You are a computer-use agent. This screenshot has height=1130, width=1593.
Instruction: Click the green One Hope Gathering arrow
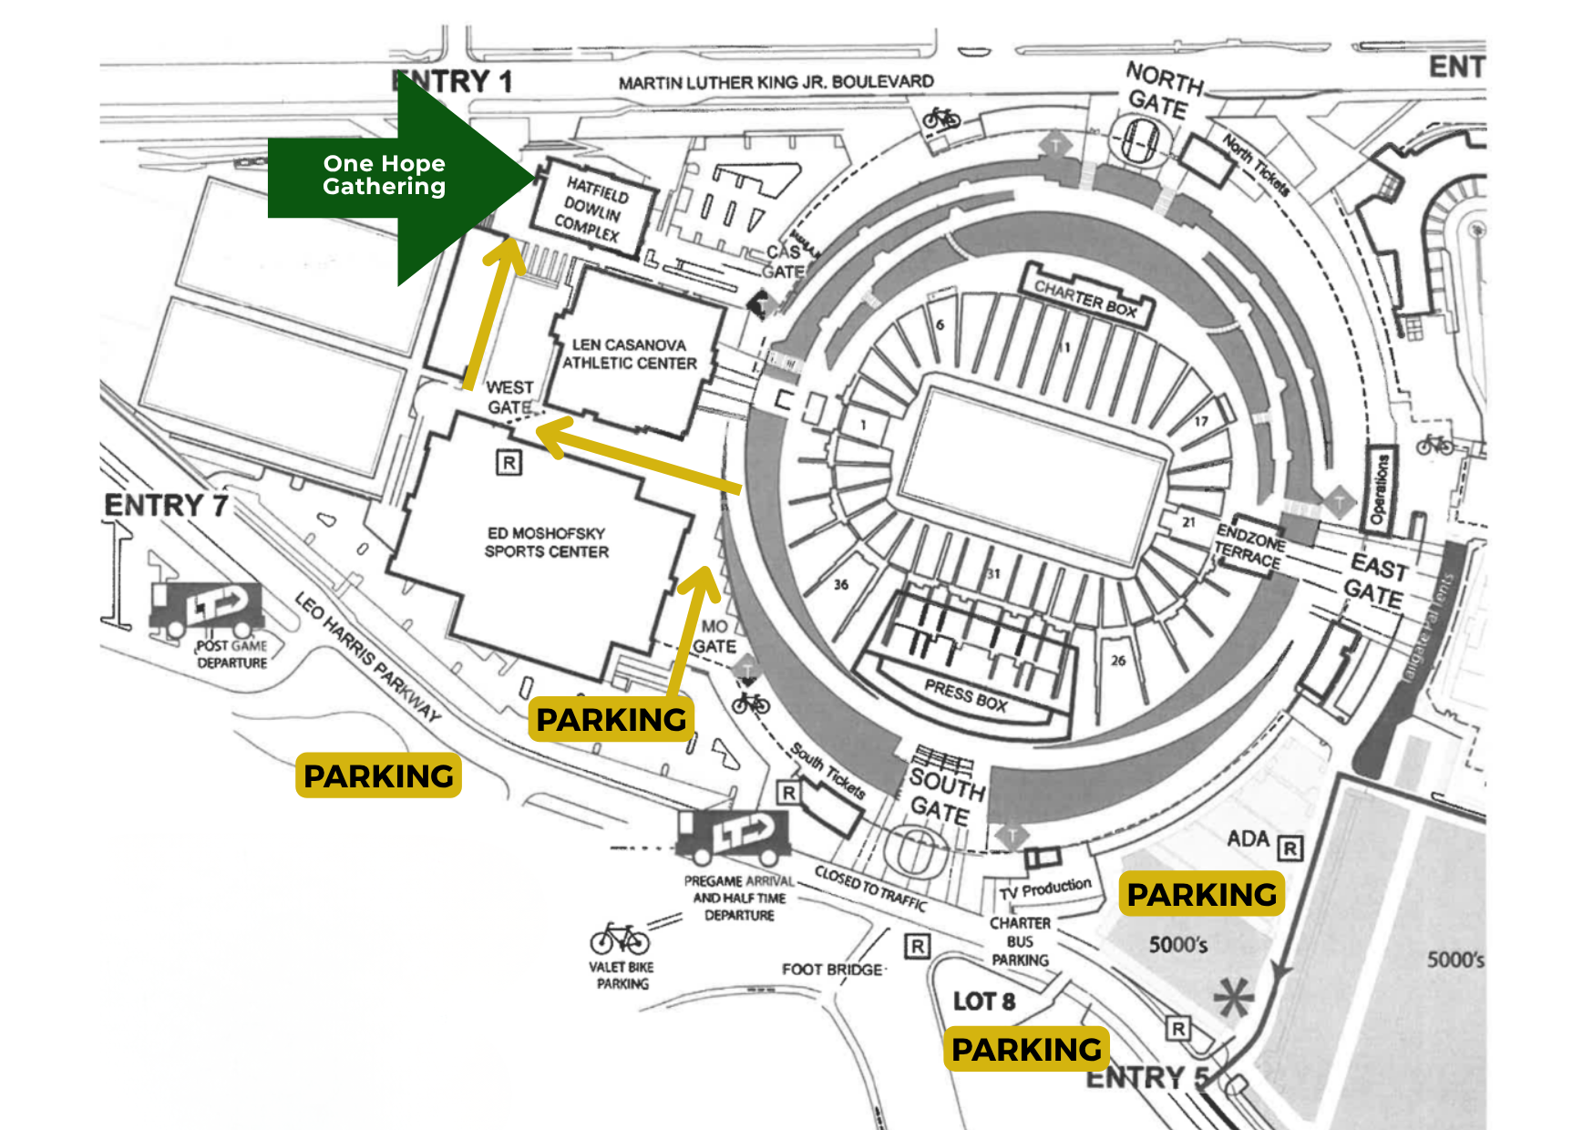tap(392, 176)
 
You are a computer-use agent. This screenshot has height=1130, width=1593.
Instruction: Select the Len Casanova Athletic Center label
tap(629, 354)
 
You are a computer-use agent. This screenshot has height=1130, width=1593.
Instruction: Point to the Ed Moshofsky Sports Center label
tap(546, 542)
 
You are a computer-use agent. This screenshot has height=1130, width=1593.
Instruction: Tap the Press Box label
tap(965, 696)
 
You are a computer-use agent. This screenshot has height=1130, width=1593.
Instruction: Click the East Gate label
tap(1376, 581)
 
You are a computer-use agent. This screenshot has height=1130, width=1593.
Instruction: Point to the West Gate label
tap(509, 397)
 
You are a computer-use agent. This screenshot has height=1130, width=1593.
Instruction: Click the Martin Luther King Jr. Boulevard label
tap(776, 82)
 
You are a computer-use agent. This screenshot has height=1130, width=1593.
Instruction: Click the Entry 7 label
tap(166, 505)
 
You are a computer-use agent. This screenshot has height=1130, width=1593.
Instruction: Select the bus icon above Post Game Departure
tap(206, 608)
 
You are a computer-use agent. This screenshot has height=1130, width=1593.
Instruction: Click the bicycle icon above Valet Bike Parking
tap(620, 938)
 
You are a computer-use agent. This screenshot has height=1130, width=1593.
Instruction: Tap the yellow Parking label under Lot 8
tap(1026, 1049)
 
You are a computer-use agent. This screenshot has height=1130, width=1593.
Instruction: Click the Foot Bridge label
tap(832, 970)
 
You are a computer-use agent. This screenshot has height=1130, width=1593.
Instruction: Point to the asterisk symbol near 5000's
tap(1234, 997)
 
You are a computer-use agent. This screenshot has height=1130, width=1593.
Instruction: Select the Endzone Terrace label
tap(1249, 546)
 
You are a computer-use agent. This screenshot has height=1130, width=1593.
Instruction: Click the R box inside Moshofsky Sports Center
tap(509, 462)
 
